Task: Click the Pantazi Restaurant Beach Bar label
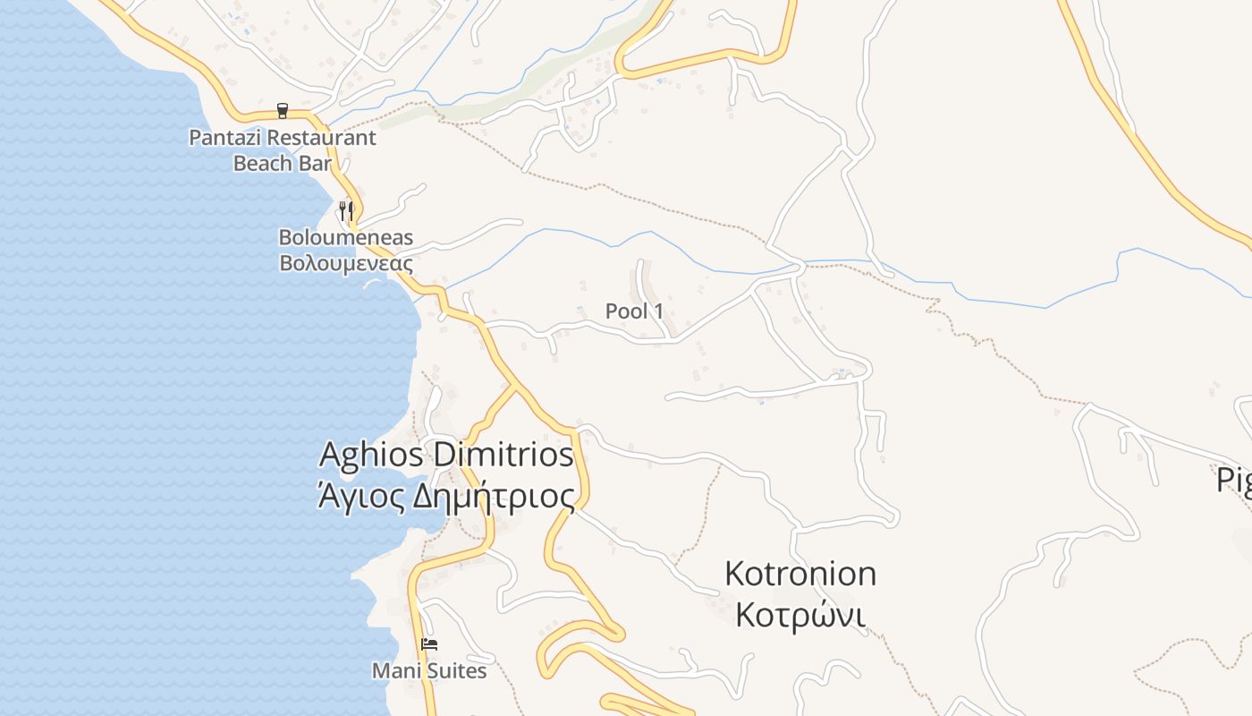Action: point(282,150)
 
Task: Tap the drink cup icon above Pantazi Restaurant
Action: point(283,111)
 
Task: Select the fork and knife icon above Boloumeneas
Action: point(346,211)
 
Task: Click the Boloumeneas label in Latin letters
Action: point(346,237)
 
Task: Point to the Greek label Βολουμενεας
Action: point(346,263)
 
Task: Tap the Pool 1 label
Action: point(634,311)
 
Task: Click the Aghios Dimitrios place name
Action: point(446,455)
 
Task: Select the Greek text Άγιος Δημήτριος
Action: point(446,495)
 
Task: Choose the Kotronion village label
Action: point(800,574)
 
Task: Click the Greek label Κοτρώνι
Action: point(800,616)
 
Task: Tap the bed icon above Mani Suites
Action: point(429,644)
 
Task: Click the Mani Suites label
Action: point(429,670)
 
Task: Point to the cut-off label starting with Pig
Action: point(1234,481)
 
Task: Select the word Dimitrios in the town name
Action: point(503,455)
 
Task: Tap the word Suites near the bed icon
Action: point(457,670)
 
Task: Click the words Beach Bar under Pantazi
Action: point(282,163)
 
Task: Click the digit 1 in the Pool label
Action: point(659,311)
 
